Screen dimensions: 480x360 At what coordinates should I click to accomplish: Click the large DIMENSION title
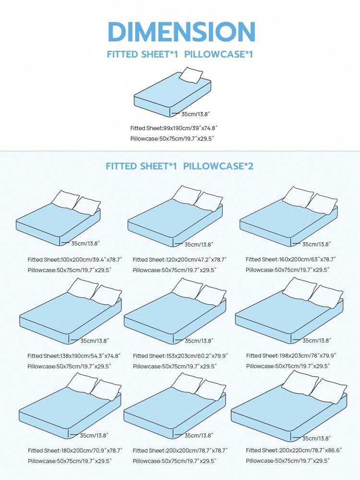tap(181, 32)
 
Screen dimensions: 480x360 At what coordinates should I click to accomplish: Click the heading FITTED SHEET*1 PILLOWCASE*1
tap(180, 55)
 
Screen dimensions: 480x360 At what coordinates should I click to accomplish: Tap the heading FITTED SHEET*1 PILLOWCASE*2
tap(180, 166)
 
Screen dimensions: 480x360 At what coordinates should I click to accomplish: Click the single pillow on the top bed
tap(191, 75)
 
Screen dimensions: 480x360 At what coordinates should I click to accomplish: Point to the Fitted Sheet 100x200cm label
tap(75, 259)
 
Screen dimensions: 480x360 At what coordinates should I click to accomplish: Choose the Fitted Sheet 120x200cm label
tap(180, 259)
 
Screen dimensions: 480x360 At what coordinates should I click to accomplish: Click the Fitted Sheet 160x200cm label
tap(291, 259)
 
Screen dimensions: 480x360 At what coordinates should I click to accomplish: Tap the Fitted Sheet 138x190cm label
tap(74, 356)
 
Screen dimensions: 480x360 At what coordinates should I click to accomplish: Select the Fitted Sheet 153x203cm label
tap(180, 356)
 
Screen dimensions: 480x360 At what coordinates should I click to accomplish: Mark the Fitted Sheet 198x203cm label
tap(291, 356)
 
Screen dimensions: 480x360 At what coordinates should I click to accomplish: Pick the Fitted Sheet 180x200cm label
tap(75, 451)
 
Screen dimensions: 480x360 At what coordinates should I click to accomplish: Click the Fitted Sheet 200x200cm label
tap(180, 451)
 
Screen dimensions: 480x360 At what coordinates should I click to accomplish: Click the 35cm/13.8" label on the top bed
tap(196, 114)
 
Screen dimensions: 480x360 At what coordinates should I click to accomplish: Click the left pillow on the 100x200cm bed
tap(65, 199)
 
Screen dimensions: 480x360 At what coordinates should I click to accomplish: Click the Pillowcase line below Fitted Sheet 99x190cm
tap(172, 139)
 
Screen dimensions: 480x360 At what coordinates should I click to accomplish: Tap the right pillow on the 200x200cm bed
tap(211, 390)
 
